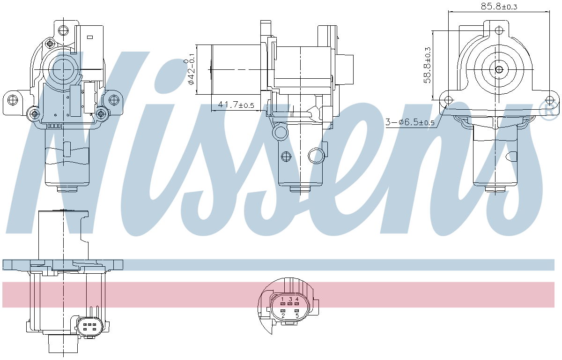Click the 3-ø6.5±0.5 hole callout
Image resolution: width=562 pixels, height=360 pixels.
(410, 123)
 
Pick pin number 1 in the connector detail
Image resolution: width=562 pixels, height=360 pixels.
(283, 299)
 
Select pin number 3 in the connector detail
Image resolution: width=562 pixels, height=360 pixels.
(290, 299)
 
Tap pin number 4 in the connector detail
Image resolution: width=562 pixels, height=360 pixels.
(297, 299)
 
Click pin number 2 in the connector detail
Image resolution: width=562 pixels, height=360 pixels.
(283, 315)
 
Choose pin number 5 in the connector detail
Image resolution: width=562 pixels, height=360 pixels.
(297, 315)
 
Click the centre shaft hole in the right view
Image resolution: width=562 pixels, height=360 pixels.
(499, 70)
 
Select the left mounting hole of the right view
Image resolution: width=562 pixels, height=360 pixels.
(448, 99)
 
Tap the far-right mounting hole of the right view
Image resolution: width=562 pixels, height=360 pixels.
(550, 99)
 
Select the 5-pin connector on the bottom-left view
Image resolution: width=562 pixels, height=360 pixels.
(89, 326)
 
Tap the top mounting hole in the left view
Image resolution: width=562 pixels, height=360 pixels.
(62, 30)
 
